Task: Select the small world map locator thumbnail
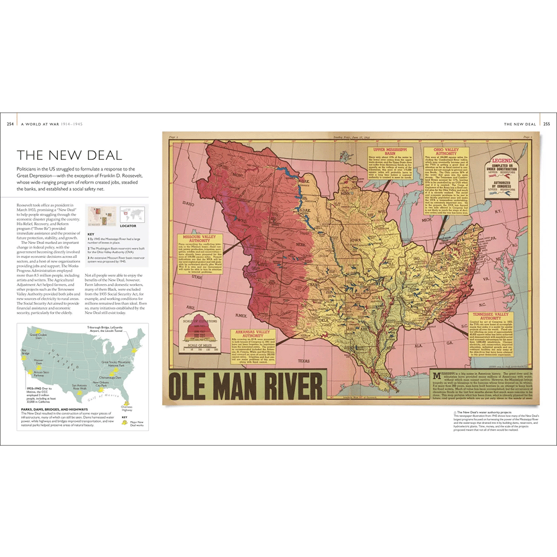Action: (x=132, y=214)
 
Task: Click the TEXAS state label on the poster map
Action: (x=304, y=361)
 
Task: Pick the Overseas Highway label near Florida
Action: (x=128, y=409)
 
